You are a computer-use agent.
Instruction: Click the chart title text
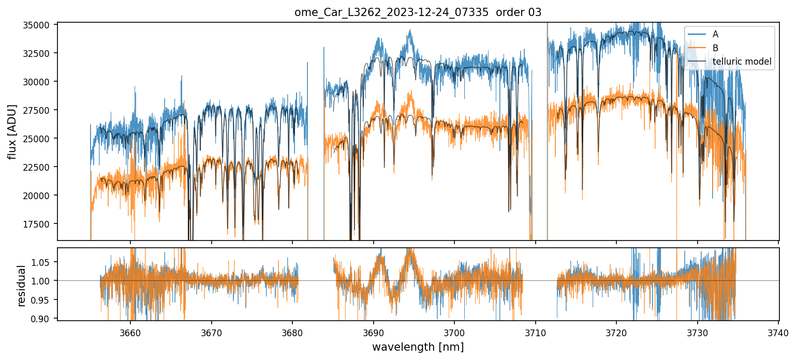(418, 12)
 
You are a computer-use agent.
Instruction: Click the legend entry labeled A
(715, 34)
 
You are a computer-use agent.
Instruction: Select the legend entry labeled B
(715, 48)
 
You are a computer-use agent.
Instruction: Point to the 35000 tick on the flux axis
(41, 25)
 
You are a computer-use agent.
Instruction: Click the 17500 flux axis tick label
(41, 224)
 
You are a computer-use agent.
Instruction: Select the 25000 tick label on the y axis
(41, 139)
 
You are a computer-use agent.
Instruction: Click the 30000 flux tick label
(41, 82)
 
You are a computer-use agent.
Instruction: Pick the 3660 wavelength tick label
(130, 332)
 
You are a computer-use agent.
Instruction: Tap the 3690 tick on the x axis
(373, 332)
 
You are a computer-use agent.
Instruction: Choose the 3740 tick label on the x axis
(778, 332)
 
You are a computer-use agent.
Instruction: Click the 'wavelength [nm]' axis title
(418, 347)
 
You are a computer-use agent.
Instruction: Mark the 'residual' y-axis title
(21, 286)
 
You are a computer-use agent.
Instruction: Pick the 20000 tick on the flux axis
(41, 196)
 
